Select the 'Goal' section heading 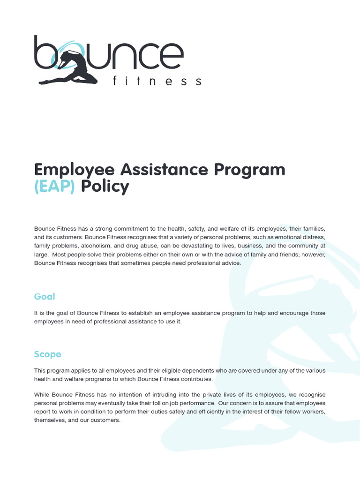(x=45, y=296)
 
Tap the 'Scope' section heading (x=47, y=354)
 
